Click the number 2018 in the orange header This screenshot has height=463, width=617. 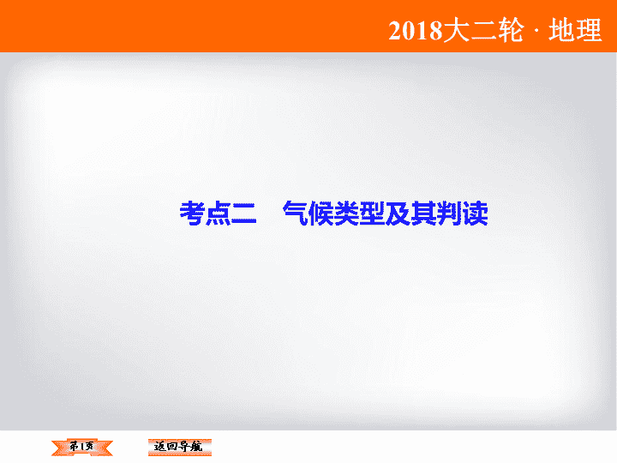[415, 30]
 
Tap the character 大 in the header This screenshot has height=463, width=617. [456, 30]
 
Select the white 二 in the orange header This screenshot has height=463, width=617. [483, 30]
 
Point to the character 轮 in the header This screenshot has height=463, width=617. [511, 30]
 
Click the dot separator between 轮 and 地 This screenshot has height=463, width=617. [536, 31]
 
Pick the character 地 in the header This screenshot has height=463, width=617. [562, 30]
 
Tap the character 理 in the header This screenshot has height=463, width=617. [589, 30]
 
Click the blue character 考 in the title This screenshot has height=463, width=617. [193, 213]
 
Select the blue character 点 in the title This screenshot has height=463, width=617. [218, 213]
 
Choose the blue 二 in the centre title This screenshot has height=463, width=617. [244, 213]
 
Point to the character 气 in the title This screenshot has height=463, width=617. [295, 213]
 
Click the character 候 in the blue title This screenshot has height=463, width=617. [321, 213]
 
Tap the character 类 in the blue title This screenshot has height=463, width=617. [347, 213]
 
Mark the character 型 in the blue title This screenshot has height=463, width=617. [372, 213]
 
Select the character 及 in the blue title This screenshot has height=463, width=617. [398, 213]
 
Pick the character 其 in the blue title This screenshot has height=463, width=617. [424, 213]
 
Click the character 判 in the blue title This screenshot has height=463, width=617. [449, 213]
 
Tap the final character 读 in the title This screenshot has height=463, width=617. [476, 213]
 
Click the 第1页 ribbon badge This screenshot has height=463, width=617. [82, 447]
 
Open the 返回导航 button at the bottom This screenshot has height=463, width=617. [179, 447]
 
